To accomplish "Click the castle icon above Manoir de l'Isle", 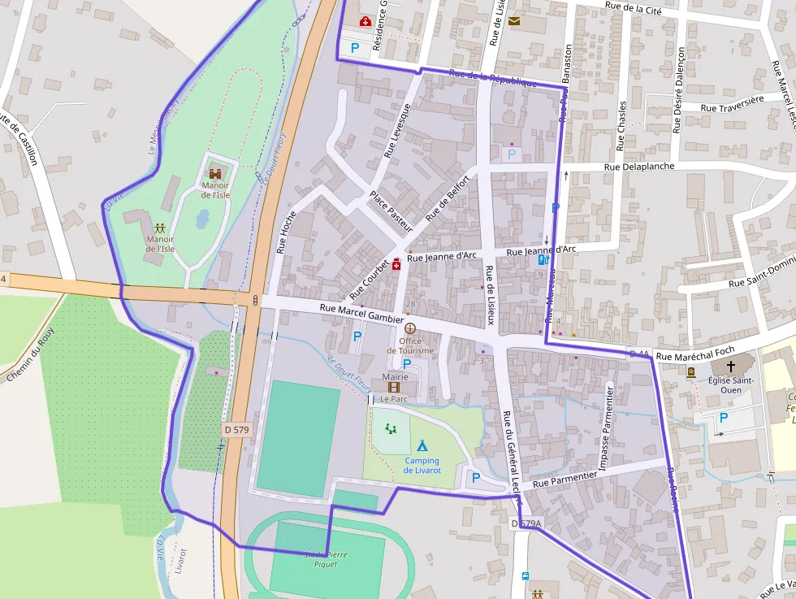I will [216, 172].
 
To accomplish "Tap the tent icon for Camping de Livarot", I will [422, 445].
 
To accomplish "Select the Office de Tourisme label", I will [410, 345].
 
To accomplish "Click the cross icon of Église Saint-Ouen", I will [729, 367].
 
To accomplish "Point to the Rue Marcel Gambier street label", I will [361, 314].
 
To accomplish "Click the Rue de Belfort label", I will [448, 199].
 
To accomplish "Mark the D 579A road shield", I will [526, 525].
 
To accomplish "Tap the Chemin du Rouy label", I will [30, 355].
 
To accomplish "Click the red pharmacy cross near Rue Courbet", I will [396, 263].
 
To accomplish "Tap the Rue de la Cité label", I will [634, 9].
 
